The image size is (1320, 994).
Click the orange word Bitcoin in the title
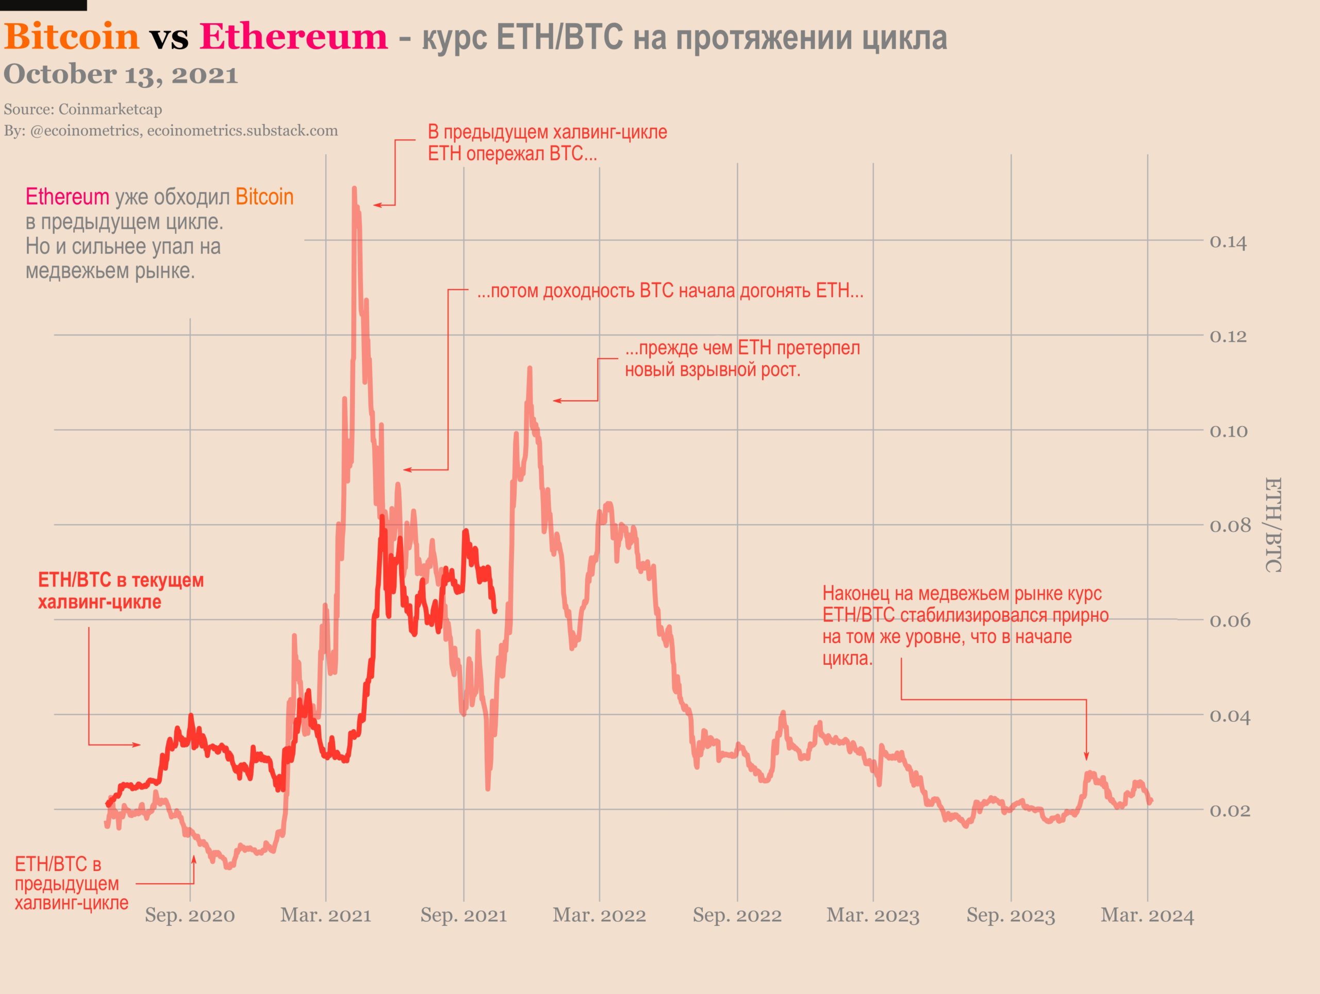pos(71,37)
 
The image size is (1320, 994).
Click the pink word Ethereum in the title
pos(293,37)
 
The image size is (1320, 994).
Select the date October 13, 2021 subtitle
pos(121,75)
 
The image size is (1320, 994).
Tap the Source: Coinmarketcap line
pos(83,109)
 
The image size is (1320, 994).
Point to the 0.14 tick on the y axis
pos(1228,242)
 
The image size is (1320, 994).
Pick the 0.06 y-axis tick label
pos(1229,621)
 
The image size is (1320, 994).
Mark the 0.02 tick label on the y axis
pos(1229,811)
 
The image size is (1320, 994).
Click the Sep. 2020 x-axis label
pos(190,915)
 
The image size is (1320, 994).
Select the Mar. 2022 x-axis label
pos(599,915)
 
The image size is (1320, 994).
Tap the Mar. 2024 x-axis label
pos(1147,915)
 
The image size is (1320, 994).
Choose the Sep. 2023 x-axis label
pos(1011,915)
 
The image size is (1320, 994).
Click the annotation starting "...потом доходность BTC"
pos(670,291)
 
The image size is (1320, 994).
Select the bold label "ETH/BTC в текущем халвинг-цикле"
pos(121,591)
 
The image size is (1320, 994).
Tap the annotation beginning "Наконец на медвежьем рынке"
pos(965,626)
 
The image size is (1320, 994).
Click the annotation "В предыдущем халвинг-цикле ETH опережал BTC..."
pos(547,143)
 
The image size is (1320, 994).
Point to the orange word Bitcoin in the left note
pos(265,197)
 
